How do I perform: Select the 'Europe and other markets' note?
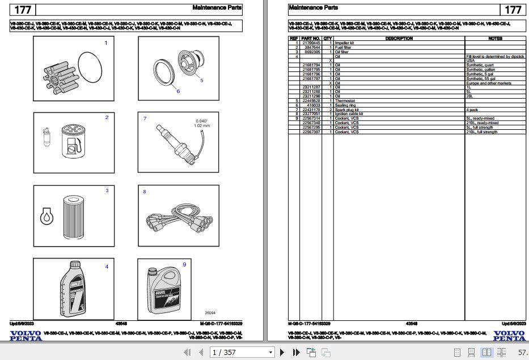click(x=488, y=83)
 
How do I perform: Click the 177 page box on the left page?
click(x=23, y=10)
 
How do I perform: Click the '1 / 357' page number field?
click(x=242, y=353)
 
